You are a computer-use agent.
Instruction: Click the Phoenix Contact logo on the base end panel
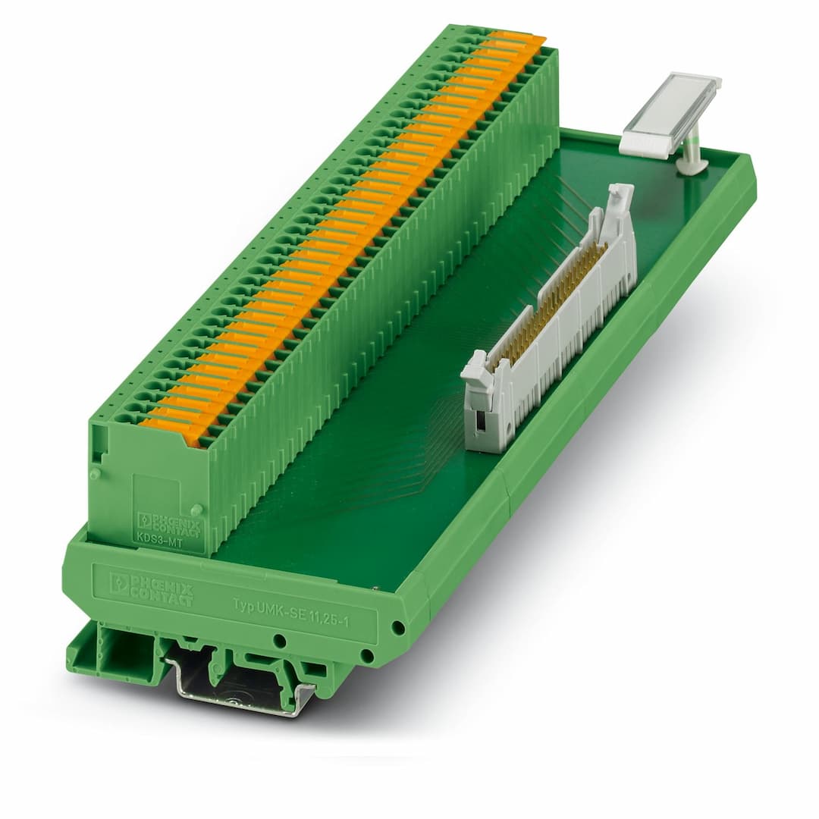151,588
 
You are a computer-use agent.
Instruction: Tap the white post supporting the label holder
691,152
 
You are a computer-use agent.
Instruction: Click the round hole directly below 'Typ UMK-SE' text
280,641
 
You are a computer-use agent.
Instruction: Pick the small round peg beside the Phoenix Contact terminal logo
196,510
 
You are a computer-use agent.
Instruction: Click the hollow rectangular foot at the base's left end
114,653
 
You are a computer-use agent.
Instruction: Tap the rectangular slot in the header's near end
479,421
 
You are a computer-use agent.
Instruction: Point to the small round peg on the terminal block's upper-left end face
96,475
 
